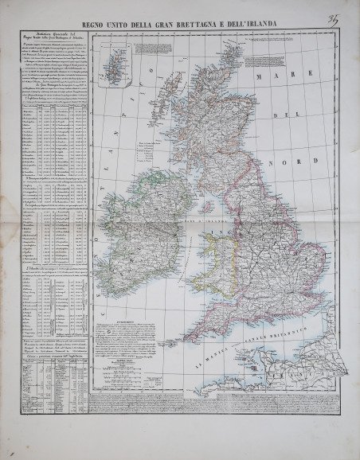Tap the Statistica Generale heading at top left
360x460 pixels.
pos(55,41)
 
